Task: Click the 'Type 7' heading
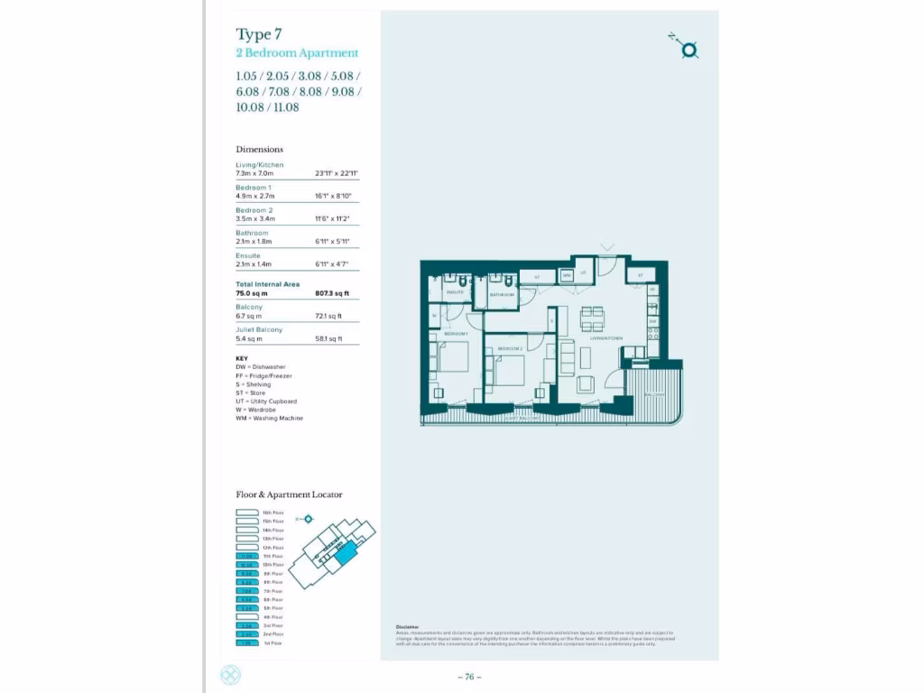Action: click(259, 34)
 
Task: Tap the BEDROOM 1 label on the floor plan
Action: click(456, 334)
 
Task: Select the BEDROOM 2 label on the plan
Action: click(510, 348)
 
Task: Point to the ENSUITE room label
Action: click(455, 292)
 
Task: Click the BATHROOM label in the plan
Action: click(502, 295)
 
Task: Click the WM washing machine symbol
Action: click(566, 275)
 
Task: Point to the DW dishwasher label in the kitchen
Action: click(653, 321)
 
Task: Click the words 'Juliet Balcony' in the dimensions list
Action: click(259, 329)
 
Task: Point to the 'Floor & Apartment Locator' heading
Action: click(289, 494)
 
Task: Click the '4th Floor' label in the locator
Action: click(273, 617)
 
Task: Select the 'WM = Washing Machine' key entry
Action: click(269, 419)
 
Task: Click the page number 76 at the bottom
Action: click(469, 677)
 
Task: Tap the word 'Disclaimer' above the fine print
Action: click(408, 627)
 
